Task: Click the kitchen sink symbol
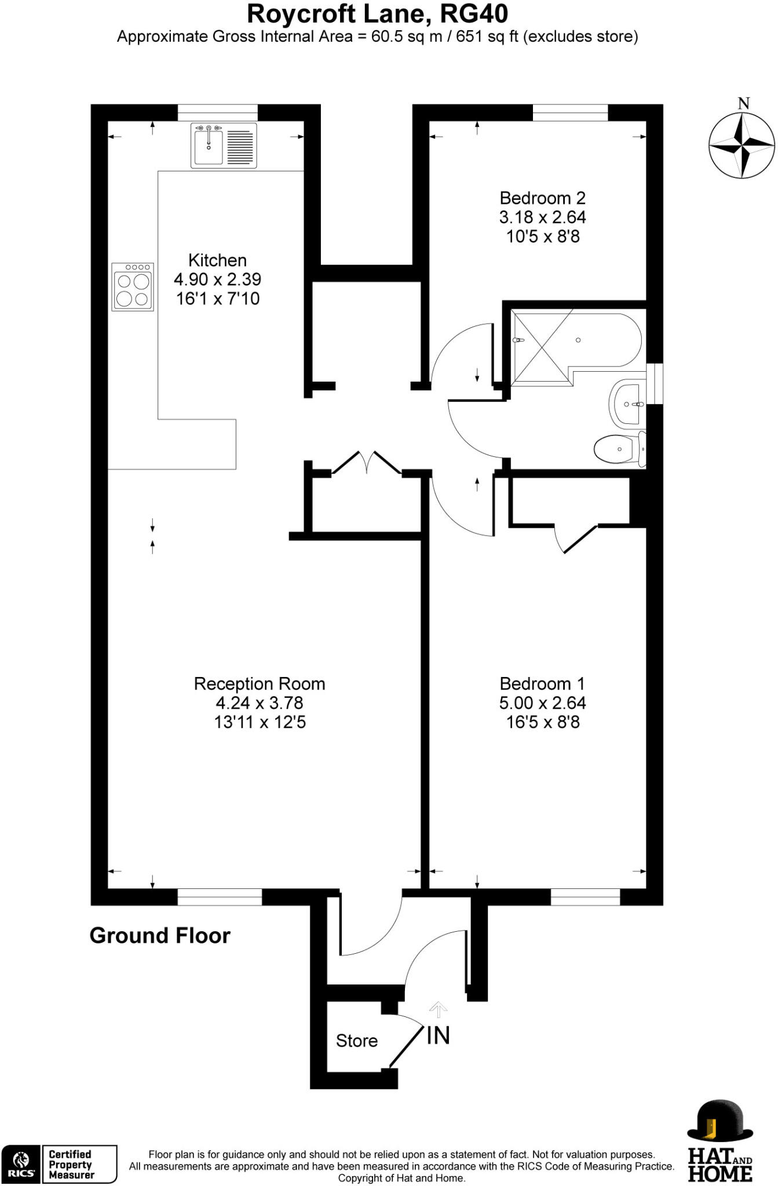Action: [224, 145]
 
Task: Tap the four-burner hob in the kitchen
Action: [133, 287]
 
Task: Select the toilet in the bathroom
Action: [619, 449]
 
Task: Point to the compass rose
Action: [742, 145]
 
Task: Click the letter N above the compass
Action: [744, 104]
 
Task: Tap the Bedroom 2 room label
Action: [542, 198]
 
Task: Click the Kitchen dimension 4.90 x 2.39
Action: [217, 280]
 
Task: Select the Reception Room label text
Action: [259, 684]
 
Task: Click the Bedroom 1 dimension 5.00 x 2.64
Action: [542, 703]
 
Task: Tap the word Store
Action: [356, 1041]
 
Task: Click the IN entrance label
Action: [438, 1035]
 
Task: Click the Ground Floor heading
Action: [160, 936]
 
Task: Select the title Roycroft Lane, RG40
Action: [377, 14]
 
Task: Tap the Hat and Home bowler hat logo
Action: [719, 1122]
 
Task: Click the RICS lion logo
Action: [21, 1164]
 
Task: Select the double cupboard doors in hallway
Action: [367, 463]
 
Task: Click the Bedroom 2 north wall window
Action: [570, 113]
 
